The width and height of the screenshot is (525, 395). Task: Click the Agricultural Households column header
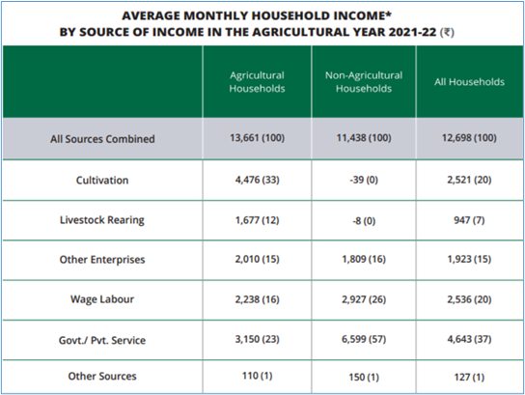click(257, 82)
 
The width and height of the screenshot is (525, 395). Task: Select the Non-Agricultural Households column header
click(364, 82)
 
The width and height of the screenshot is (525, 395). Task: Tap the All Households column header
click(469, 82)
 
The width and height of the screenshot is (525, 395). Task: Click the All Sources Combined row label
click(102, 139)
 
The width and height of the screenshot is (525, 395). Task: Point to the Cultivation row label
click(102, 181)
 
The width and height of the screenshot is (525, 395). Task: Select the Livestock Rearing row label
click(102, 220)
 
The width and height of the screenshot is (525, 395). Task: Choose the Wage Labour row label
click(102, 299)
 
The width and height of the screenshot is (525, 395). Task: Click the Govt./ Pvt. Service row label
click(102, 340)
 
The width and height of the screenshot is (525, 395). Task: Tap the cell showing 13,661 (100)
click(257, 138)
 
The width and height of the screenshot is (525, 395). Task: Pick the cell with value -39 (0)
click(364, 180)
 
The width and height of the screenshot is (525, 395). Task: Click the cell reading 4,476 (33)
click(257, 180)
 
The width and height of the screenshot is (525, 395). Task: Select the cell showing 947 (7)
click(469, 220)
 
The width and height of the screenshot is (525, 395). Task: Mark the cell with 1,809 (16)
click(364, 259)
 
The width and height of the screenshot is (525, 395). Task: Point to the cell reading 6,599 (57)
click(364, 339)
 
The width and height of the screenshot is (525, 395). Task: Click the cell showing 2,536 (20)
click(469, 299)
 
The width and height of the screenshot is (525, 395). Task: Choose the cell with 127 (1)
click(469, 378)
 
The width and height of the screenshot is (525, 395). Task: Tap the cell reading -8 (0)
click(364, 221)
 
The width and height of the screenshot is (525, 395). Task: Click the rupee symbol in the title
click(447, 33)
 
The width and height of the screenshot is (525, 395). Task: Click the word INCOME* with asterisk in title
click(362, 15)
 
